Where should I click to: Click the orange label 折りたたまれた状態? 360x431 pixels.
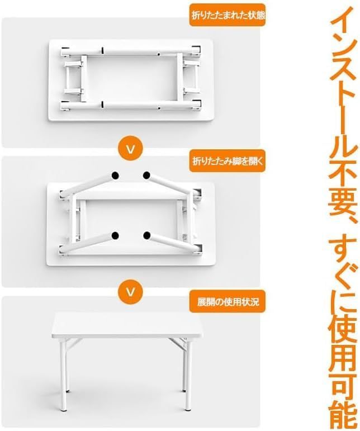(228, 16)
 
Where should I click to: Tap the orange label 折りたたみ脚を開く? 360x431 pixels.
(228, 161)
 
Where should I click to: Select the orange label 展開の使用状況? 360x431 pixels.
(228, 301)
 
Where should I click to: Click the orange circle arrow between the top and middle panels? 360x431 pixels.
(131, 149)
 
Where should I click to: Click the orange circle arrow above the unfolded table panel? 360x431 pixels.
(131, 291)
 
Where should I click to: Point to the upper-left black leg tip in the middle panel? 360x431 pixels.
(115, 175)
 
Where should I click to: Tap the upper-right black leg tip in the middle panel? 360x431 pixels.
(146, 175)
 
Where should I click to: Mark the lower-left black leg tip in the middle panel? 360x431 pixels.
(115, 235)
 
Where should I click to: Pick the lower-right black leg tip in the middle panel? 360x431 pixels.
(147, 235)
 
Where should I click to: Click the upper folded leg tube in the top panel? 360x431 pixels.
(131, 51)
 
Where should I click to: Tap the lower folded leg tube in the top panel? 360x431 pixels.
(131, 105)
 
